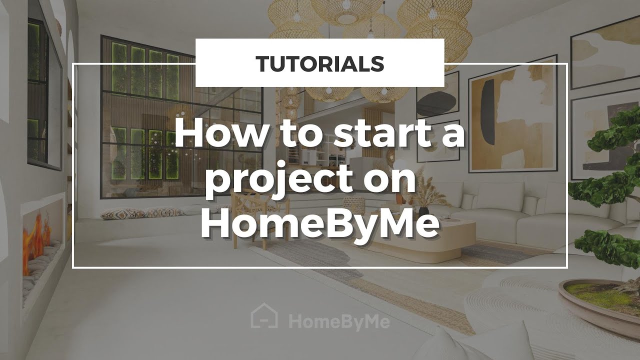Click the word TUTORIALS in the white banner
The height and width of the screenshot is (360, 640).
pyautogui.click(x=319, y=63)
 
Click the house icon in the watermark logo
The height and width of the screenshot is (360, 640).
pyautogui.click(x=264, y=317)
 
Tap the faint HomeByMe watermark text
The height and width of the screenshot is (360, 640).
pyautogui.click(x=339, y=321)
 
